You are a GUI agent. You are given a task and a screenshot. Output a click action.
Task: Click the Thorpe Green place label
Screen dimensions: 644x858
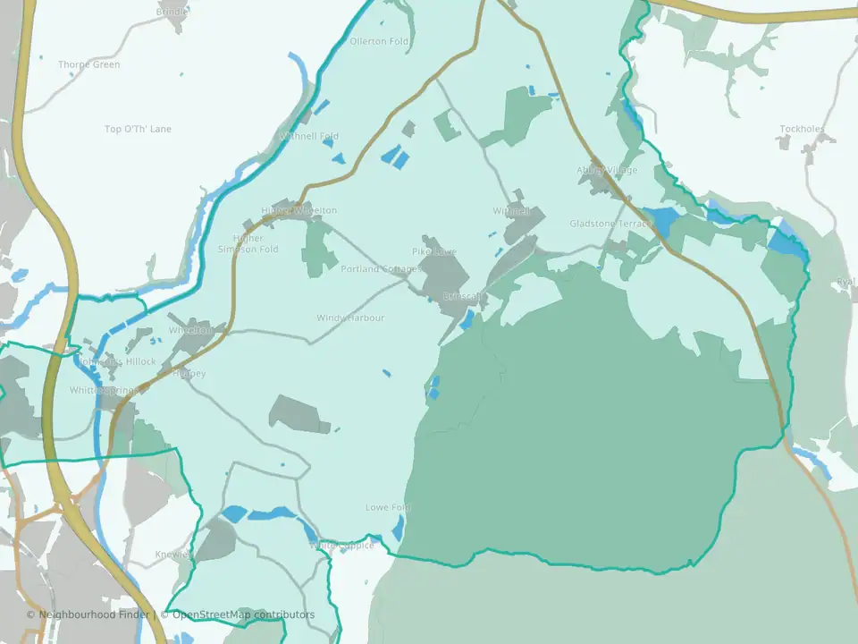point(88,64)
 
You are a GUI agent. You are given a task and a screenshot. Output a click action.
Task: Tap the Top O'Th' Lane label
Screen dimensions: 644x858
point(138,129)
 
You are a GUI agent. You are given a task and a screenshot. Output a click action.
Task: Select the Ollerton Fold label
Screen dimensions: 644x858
point(379,41)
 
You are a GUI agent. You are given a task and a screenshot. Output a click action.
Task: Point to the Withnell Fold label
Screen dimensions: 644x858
point(309,136)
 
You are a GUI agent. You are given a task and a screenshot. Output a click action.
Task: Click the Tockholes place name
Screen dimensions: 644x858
point(802,129)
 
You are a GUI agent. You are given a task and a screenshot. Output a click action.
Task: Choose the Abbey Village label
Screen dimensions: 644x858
point(607,170)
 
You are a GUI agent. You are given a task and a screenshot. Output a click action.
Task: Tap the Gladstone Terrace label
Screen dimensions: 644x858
point(611,224)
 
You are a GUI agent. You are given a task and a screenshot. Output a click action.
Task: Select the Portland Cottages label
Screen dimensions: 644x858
point(380,268)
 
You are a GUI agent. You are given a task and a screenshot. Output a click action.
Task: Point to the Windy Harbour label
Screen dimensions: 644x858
point(350,318)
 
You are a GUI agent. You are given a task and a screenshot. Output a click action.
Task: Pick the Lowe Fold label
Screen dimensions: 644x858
point(388,507)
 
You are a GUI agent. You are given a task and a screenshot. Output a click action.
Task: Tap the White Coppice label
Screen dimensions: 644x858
point(342,545)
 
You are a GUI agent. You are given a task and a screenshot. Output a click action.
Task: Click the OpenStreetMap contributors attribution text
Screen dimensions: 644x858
point(243,614)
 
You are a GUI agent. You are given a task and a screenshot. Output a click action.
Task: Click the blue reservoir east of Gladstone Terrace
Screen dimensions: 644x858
point(661,218)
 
